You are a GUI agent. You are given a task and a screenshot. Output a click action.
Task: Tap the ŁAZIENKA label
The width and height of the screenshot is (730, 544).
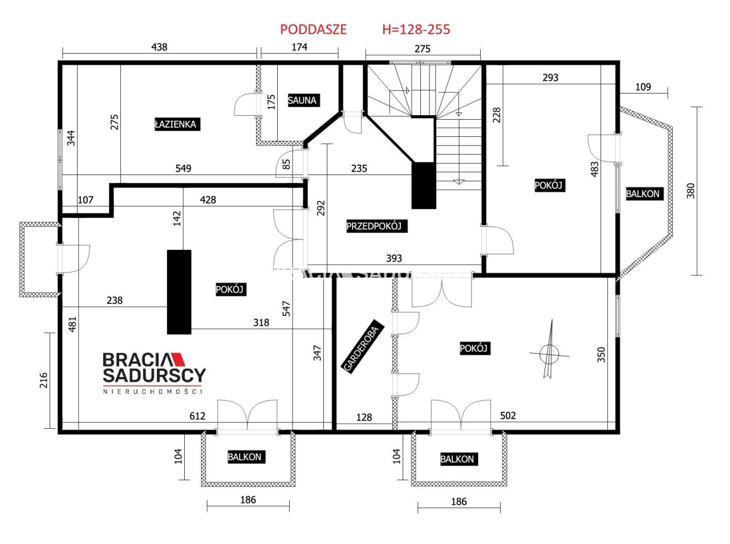click(x=177, y=124)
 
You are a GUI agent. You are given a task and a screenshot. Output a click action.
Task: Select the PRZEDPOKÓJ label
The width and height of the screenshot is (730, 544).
click(x=376, y=226)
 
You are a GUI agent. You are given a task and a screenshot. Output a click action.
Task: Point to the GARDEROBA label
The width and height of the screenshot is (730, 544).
click(x=363, y=347)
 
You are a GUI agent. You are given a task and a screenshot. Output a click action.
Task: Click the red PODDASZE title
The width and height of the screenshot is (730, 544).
click(x=313, y=30)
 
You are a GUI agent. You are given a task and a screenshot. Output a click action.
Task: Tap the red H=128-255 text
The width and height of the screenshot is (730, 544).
click(x=416, y=30)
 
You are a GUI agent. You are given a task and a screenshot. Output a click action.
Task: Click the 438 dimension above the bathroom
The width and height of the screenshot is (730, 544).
click(x=159, y=47)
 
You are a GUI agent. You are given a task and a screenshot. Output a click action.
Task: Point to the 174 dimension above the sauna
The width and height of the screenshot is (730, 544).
click(x=299, y=47)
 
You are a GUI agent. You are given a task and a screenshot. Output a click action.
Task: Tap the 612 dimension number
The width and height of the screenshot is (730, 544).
click(x=197, y=416)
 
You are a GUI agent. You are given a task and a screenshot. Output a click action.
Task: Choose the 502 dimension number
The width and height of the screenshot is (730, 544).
click(x=508, y=416)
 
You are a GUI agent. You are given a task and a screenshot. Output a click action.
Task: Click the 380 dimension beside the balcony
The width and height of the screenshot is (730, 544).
click(x=691, y=191)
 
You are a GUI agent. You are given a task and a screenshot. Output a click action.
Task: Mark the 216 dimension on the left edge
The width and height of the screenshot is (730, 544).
click(x=43, y=380)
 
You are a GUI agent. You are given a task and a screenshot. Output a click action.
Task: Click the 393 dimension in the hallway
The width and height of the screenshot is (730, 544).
click(x=394, y=258)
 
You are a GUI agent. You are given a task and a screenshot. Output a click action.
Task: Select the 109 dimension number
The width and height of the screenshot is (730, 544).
click(x=643, y=87)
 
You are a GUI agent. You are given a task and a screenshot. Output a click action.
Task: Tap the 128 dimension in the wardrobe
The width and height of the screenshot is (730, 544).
click(x=364, y=417)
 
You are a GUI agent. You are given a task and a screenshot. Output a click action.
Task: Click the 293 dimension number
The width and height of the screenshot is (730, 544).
click(x=550, y=78)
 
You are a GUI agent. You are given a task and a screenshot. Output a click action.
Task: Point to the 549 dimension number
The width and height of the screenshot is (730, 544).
click(x=183, y=168)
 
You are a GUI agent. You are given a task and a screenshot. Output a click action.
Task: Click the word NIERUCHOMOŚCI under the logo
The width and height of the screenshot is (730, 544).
click(x=153, y=392)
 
